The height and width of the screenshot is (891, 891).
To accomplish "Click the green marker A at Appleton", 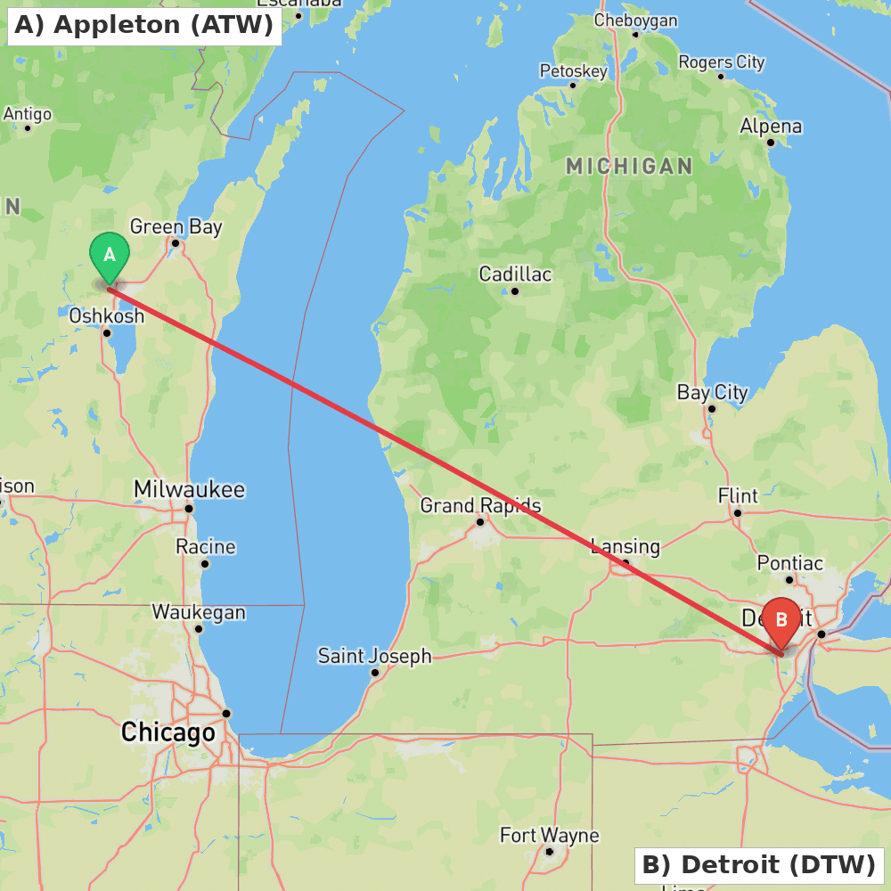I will (x=110, y=256).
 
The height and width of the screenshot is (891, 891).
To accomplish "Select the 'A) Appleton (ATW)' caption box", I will (x=143, y=25).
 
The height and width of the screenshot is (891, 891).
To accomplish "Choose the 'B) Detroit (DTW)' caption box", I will (x=758, y=864).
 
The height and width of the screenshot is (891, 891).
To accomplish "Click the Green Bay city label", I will (x=176, y=227).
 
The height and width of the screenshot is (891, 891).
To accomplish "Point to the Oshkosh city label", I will (x=106, y=315).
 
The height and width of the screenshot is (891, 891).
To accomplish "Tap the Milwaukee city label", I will (x=189, y=489).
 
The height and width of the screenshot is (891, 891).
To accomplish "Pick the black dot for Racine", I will (x=205, y=563).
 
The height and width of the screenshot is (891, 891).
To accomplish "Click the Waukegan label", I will (x=198, y=612).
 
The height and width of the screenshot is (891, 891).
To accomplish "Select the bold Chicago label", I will (x=168, y=733).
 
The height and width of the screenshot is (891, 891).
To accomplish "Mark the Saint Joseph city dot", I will (x=375, y=673).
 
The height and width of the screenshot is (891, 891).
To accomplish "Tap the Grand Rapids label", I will (x=480, y=505).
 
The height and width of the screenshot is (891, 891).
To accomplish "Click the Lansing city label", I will (x=625, y=546).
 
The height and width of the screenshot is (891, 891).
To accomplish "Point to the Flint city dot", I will (x=737, y=513).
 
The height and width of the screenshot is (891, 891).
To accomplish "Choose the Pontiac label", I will (x=789, y=563).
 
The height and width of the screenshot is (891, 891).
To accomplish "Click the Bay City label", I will (x=712, y=392).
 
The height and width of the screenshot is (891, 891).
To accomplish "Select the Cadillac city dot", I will (x=515, y=290).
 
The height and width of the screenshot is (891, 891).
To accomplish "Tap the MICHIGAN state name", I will (x=629, y=167).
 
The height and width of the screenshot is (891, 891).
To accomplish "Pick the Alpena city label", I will (x=771, y=127).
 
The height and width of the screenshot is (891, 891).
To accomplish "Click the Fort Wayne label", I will (x=549, y=836).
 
